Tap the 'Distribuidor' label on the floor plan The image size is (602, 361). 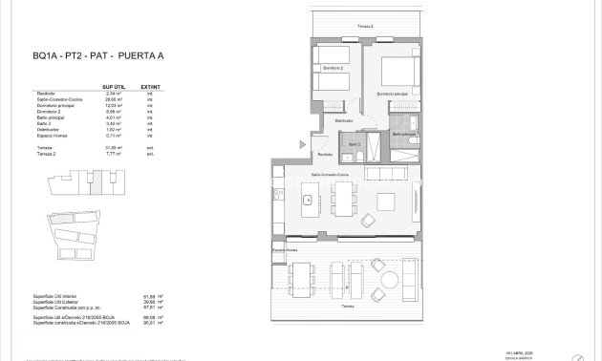click(x=344, y=121)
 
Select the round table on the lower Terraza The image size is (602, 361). click(x=389, y=280)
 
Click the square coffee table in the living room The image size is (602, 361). click(x=387, y=202)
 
